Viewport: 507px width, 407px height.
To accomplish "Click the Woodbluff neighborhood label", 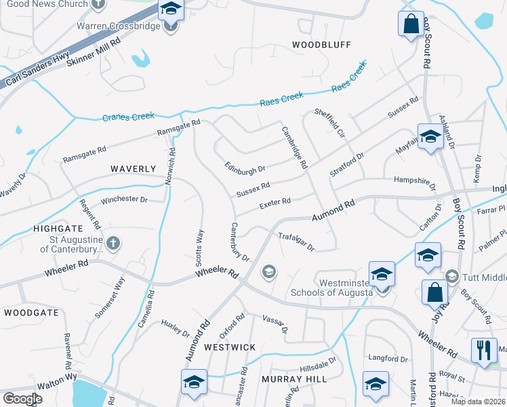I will [321, 45].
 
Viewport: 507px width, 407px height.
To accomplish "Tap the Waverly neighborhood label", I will [134, 168].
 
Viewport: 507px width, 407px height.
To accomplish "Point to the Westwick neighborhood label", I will [230, 347].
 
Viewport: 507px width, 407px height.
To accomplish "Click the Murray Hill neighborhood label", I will [293, 379].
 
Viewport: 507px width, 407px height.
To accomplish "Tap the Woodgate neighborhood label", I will [26, 313].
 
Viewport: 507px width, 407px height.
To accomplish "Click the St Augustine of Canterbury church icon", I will [113, 242].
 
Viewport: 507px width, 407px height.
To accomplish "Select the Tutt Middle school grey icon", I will [452, 276].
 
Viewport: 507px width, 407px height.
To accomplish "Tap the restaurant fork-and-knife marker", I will [484, 350].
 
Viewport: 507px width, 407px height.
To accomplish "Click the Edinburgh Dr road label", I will [245, 167].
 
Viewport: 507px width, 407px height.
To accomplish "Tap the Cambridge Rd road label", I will [295, 147].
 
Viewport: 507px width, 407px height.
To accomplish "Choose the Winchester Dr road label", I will [124, 200].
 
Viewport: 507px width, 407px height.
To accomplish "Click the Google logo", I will [22, 399].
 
